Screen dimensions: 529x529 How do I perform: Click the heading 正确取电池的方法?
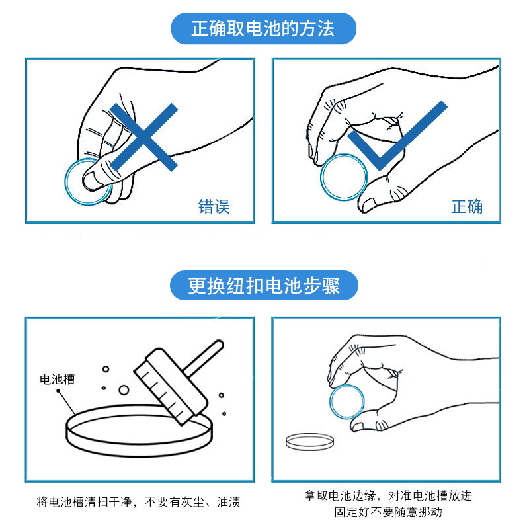click(x=263, y=28)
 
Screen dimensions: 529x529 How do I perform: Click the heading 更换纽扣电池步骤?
click(x=264, y=286)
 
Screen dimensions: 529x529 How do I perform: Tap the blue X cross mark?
click(x=143, y=137)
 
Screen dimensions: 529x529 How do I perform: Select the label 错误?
click(x=214, y=206)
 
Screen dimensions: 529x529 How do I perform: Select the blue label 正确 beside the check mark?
click(x=467, y=206)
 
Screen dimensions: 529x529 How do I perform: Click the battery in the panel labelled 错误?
click(x=71, y=192)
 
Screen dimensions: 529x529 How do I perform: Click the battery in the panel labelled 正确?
click(x=344, y=177)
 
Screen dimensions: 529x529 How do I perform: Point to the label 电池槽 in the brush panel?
click(x=57, y=379)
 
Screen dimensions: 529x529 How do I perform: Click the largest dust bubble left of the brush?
click(x=124, y=390)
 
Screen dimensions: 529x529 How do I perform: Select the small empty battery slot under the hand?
click(x=310, y=442)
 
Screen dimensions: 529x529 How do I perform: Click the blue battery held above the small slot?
click(x=347, y=401)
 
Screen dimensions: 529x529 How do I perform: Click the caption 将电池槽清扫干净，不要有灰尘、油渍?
click(x=138, y=502)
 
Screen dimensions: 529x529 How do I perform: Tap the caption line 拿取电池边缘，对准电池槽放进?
click(x=388, y=495)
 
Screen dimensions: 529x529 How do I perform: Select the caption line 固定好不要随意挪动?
click(x=388, y=512)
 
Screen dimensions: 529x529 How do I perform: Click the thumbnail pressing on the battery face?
click(x=91, y=181)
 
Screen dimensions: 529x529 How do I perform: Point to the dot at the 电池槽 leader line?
click(x=58, y=391)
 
